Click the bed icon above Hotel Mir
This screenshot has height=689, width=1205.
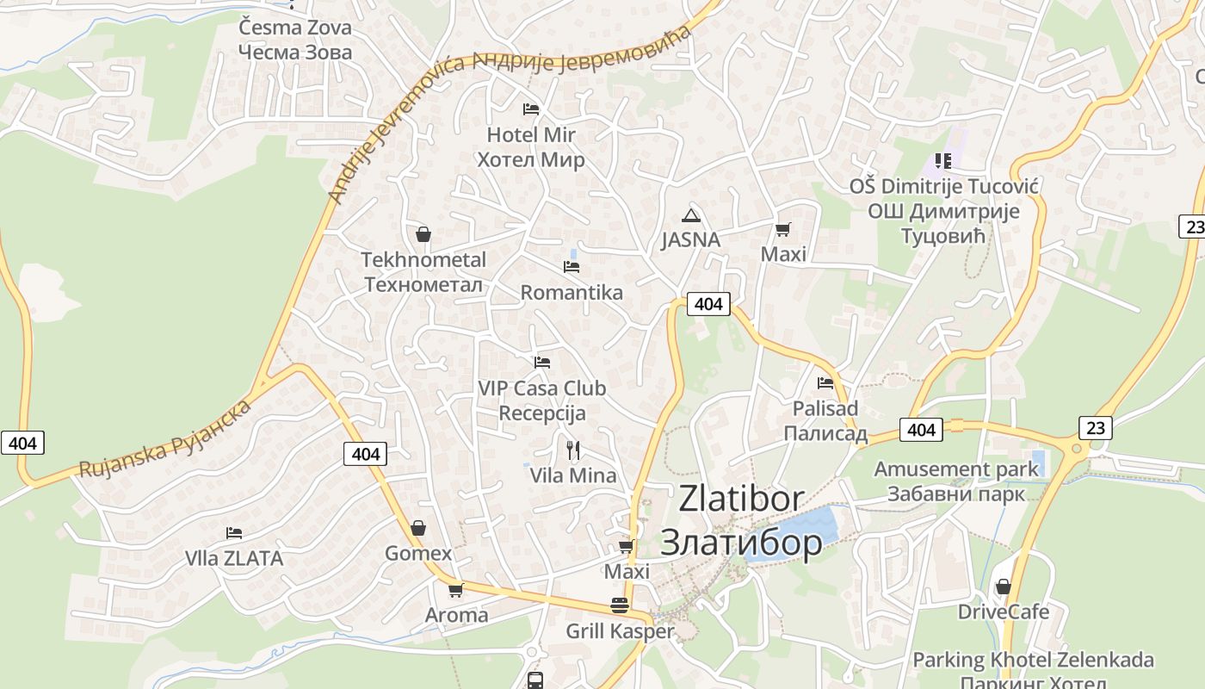[x=531, y=109]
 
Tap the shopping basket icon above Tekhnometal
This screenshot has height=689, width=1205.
[x=423, y=233]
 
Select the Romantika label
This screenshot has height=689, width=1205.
[x=572, y=292]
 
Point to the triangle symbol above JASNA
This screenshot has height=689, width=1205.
[x=690, y=215]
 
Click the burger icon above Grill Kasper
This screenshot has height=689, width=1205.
[x=619, y=605]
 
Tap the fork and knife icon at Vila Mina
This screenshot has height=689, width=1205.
[x=573, y=450]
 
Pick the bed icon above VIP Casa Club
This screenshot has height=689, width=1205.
[x=541, y=363]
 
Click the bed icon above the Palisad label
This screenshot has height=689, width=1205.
[x=825, y=382]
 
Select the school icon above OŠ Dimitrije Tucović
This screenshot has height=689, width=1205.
[x=943, y=161]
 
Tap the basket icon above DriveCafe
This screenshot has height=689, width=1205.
[x=1003, y=587]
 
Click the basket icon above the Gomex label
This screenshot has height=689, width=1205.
[x=417, y=527]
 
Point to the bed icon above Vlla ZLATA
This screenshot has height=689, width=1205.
[x=233, y=533]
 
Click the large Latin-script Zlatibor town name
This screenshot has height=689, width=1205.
[x=741, y=498]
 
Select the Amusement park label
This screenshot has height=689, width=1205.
[x=956, y=469]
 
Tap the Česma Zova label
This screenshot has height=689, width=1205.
[x=295, y=28]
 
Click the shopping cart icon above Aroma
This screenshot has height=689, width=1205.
[x=455, y=590]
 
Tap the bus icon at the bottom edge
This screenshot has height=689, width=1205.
[x=535, y=680]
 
